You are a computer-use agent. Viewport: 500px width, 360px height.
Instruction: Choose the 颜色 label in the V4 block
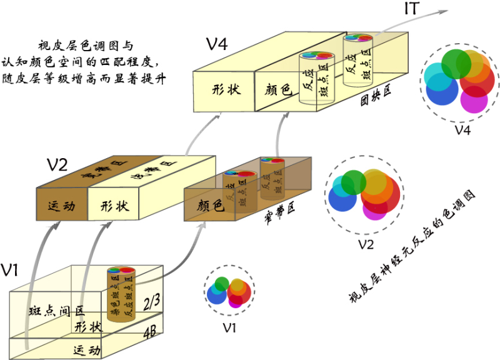tap(275, 91)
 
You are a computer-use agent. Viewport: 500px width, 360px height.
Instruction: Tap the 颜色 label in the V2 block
tap(211, 205)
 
